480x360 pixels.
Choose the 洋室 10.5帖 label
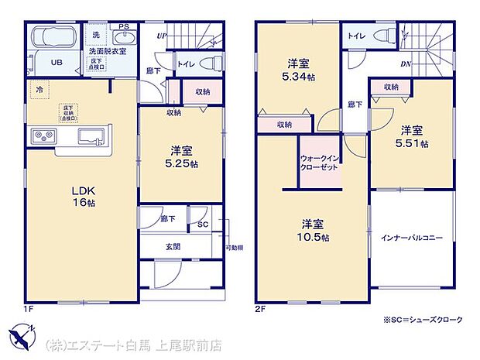pos(316,231)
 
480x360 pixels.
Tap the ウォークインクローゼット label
pos(319,163)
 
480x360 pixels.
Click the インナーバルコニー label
pos(412,238)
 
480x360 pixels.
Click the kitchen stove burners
pos(43,137)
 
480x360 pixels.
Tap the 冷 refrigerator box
pos(38,90)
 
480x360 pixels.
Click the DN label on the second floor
pos(405,64)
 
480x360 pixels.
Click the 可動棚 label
pos(234,247)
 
